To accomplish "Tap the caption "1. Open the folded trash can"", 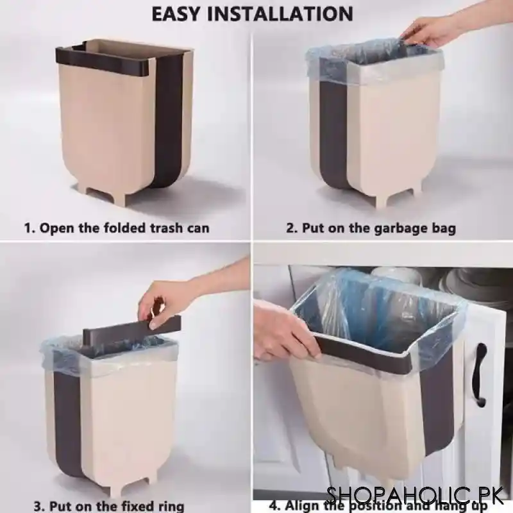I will point(117,228).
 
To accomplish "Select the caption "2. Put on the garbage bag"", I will point(371,228).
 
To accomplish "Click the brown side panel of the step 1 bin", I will point(168,122).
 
